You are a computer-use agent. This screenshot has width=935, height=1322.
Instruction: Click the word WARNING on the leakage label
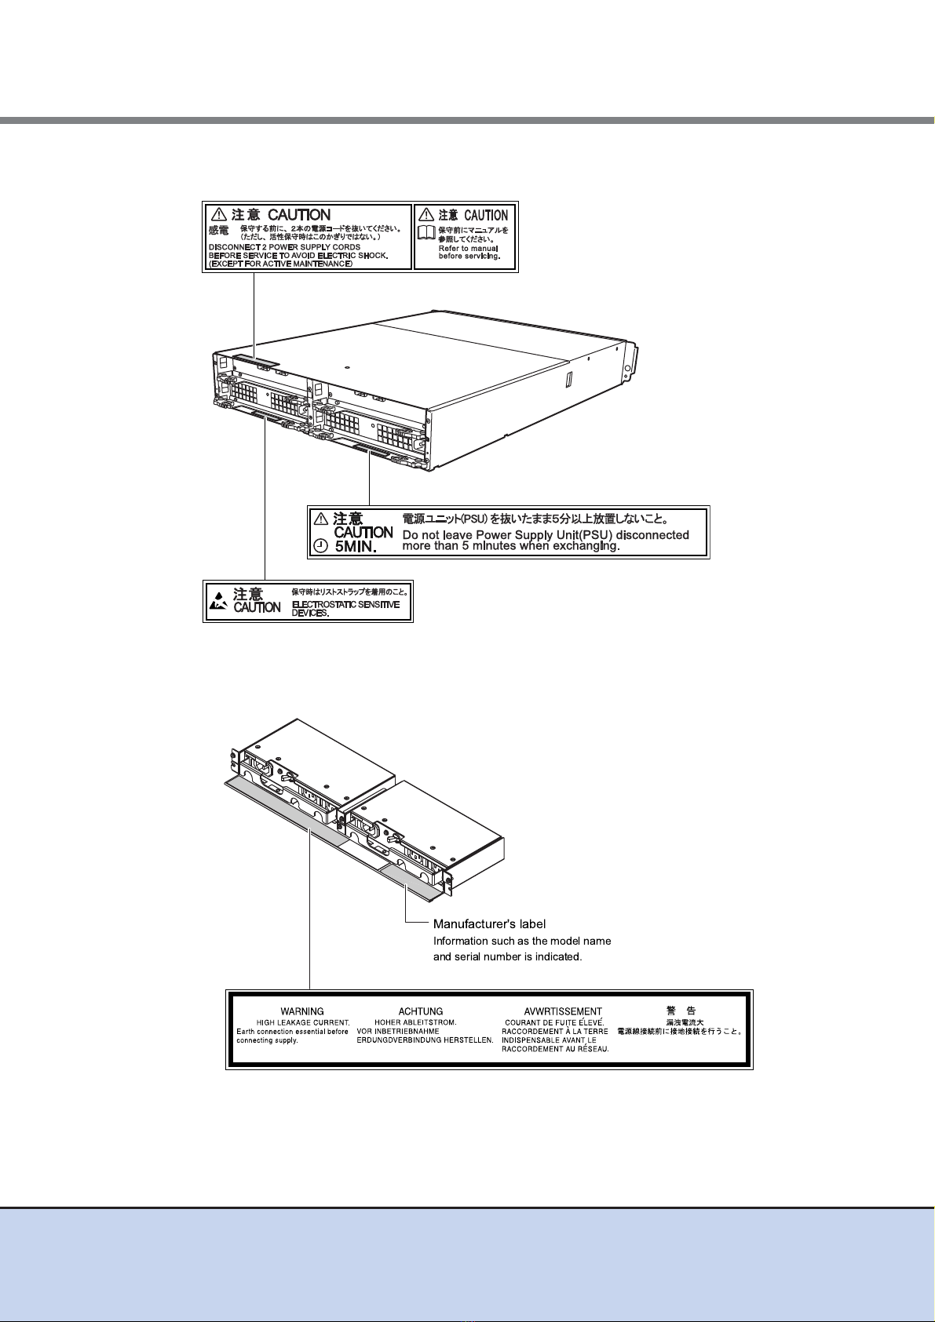coord(301,1011)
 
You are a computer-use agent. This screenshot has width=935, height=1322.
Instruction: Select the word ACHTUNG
coord(421,1011)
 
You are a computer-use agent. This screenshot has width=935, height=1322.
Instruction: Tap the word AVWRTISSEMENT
coord(563,1011)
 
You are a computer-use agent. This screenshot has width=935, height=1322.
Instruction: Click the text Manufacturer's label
coord(490,923)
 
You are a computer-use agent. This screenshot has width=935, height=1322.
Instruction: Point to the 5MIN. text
coord(356,547)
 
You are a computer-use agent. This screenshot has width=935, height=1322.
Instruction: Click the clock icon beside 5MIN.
coord(320,546)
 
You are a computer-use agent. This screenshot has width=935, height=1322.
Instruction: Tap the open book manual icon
coord(425,232)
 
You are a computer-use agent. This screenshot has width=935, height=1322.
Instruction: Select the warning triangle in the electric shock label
coord(219,213)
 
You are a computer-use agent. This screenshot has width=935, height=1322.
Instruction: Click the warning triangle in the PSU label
coord(321,519)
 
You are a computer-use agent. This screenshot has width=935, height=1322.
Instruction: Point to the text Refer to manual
coord(469,249)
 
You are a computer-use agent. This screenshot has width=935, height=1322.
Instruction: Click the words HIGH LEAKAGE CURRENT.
coord(303,1023)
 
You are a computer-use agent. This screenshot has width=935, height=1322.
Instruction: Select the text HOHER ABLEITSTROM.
coord(415,1023)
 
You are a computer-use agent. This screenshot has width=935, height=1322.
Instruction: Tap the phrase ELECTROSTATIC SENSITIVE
coord(345,604)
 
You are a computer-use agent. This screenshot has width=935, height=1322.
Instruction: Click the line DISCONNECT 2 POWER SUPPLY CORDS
coord(285,246)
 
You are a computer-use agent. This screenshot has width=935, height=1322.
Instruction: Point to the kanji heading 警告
coord(681,1011)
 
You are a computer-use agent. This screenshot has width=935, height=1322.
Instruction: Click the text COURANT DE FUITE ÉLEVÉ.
coord(554,1023)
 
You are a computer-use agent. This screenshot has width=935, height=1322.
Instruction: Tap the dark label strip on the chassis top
coord(256,361)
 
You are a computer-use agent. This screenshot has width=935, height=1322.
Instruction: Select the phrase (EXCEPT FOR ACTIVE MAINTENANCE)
coord(280,263)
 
